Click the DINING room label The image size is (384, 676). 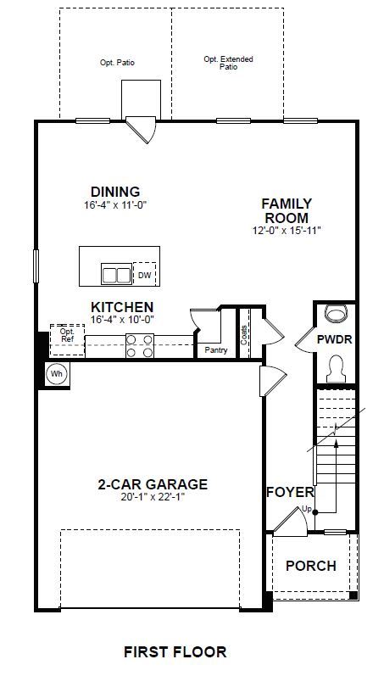[115, 192]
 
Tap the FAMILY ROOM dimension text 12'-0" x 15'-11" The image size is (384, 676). [287, 231]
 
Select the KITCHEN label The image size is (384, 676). [122, 307]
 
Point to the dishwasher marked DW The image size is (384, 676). [145, 273]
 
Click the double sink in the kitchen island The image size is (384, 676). [116, 274]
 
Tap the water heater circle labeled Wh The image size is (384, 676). [57, 373]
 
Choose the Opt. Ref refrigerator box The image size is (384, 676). [67, 340]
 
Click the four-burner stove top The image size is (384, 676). [140, 346]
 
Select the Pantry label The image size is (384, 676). [216, 350]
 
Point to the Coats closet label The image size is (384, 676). [244, 334]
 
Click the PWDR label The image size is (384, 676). [335, 339]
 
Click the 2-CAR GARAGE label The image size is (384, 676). [153, 484]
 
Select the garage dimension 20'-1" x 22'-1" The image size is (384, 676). [153, 497]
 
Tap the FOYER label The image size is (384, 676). [290, 492]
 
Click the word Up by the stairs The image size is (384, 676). [306, 509]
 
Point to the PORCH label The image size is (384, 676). [311, 566]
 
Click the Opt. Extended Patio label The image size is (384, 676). [228, 63]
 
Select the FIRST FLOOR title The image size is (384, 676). [175, 651]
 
